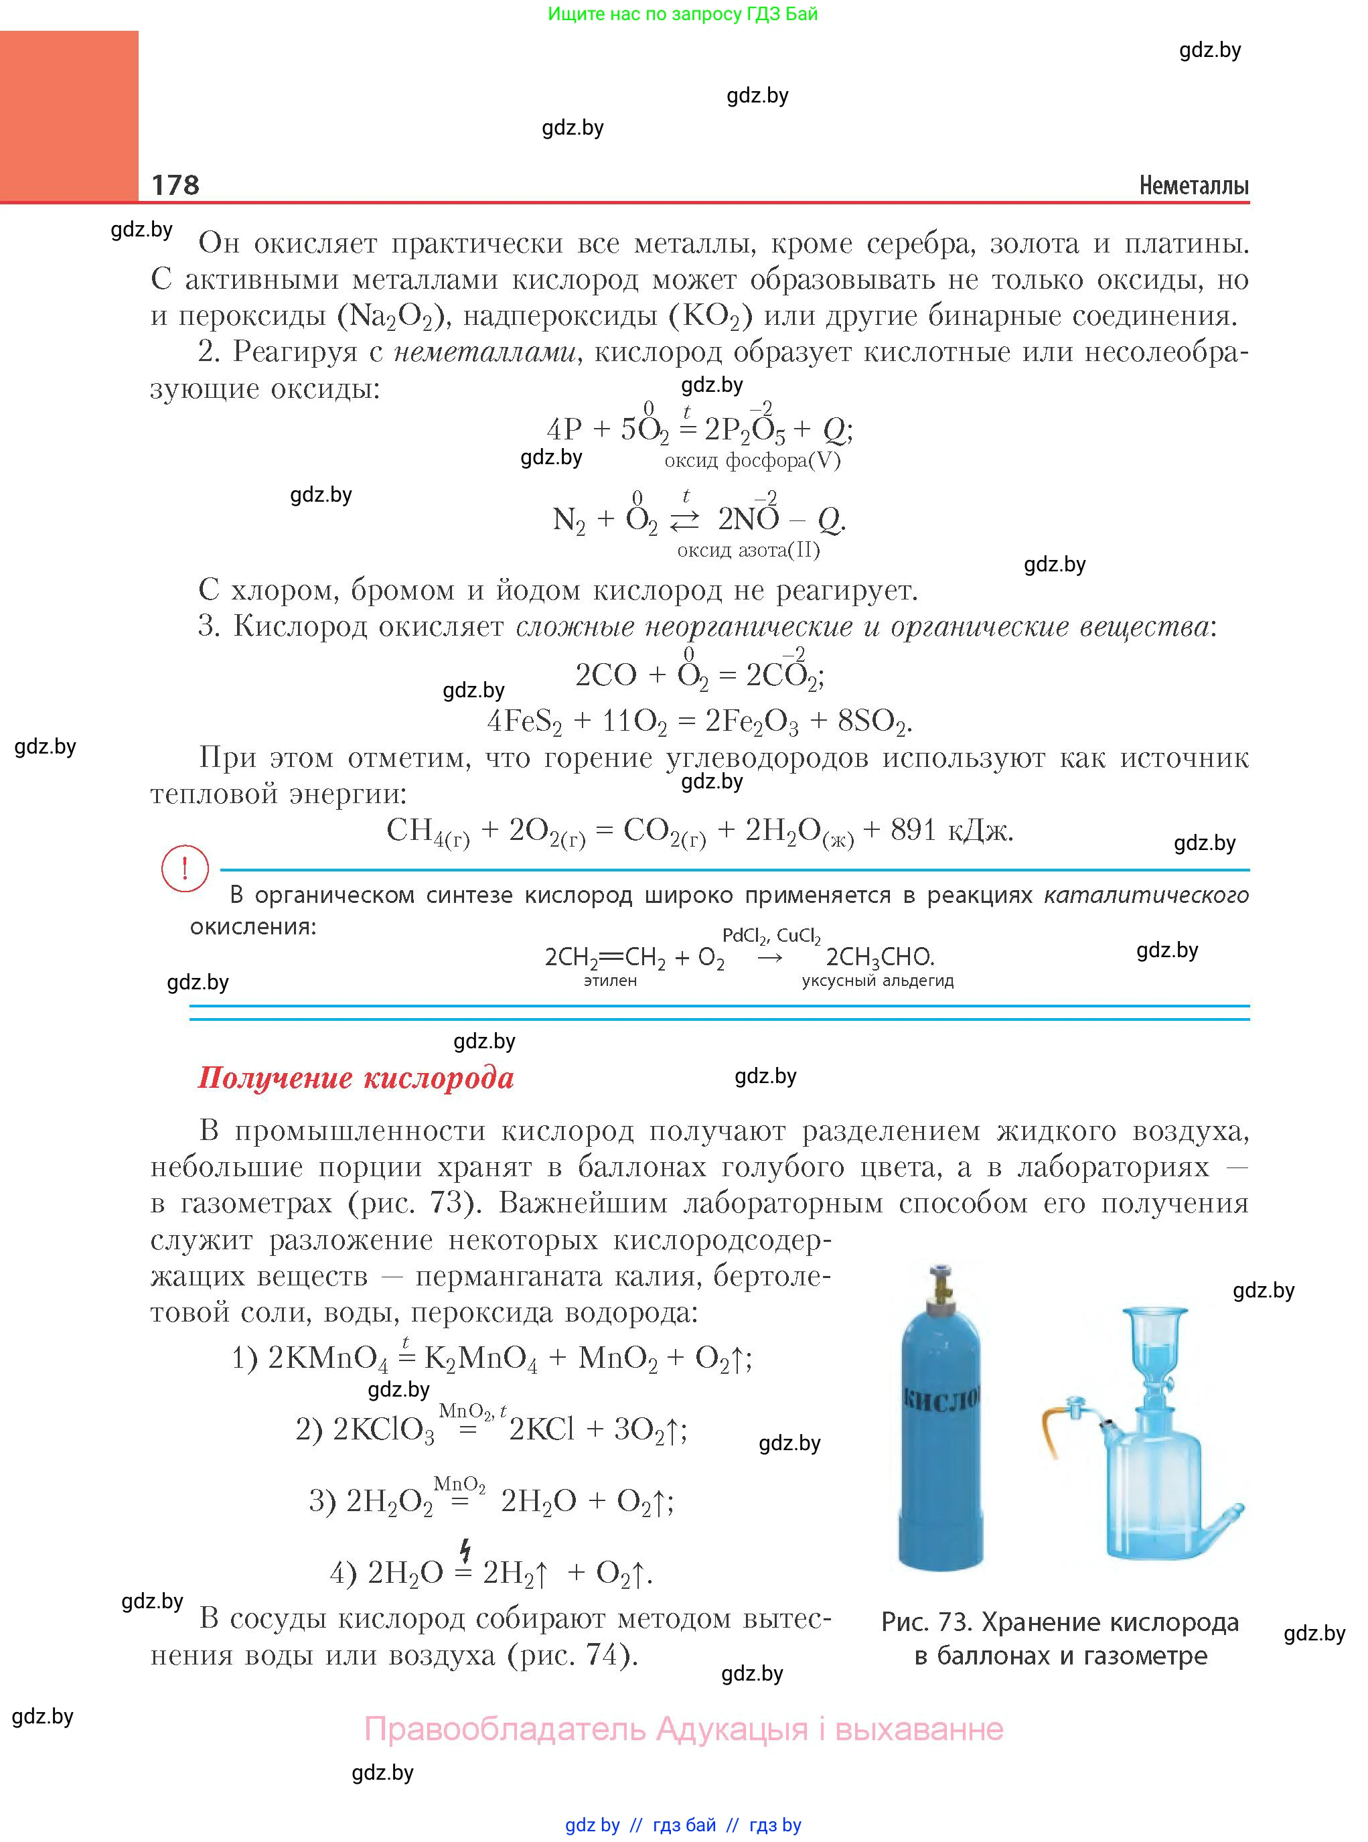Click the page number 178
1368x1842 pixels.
coord(175,184)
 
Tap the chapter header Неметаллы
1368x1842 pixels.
coord(1193,186)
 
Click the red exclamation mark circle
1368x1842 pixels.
coord(184,868)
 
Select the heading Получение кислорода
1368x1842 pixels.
coord(356,1078)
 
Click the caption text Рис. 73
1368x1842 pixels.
coord(927,1622)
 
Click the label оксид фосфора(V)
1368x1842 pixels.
coord(752,461)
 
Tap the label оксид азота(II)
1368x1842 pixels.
coord(748,550)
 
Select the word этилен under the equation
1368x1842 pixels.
coord(610,981)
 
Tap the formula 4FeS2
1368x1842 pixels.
coord(524,721)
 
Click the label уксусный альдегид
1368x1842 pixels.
coord(877,981)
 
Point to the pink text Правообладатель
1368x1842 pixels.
coord(504,1729)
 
